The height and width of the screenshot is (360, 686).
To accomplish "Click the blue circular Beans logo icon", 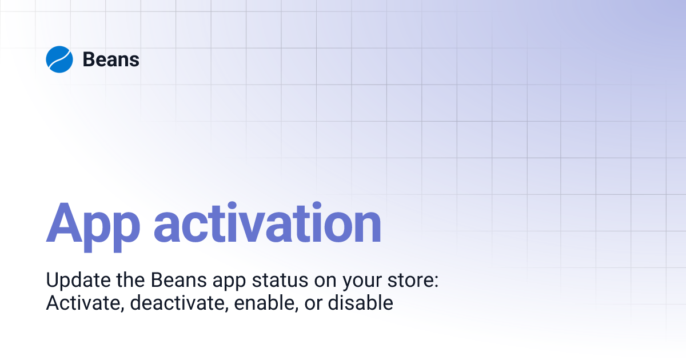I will (x=59, y=59).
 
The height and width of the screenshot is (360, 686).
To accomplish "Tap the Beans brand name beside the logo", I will (x=111, y=59).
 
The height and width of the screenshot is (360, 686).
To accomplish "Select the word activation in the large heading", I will (x=267, y=223).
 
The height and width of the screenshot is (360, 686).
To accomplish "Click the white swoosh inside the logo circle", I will (x=59, y=59).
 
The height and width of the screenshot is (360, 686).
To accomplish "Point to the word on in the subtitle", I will (x=330, y=282).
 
